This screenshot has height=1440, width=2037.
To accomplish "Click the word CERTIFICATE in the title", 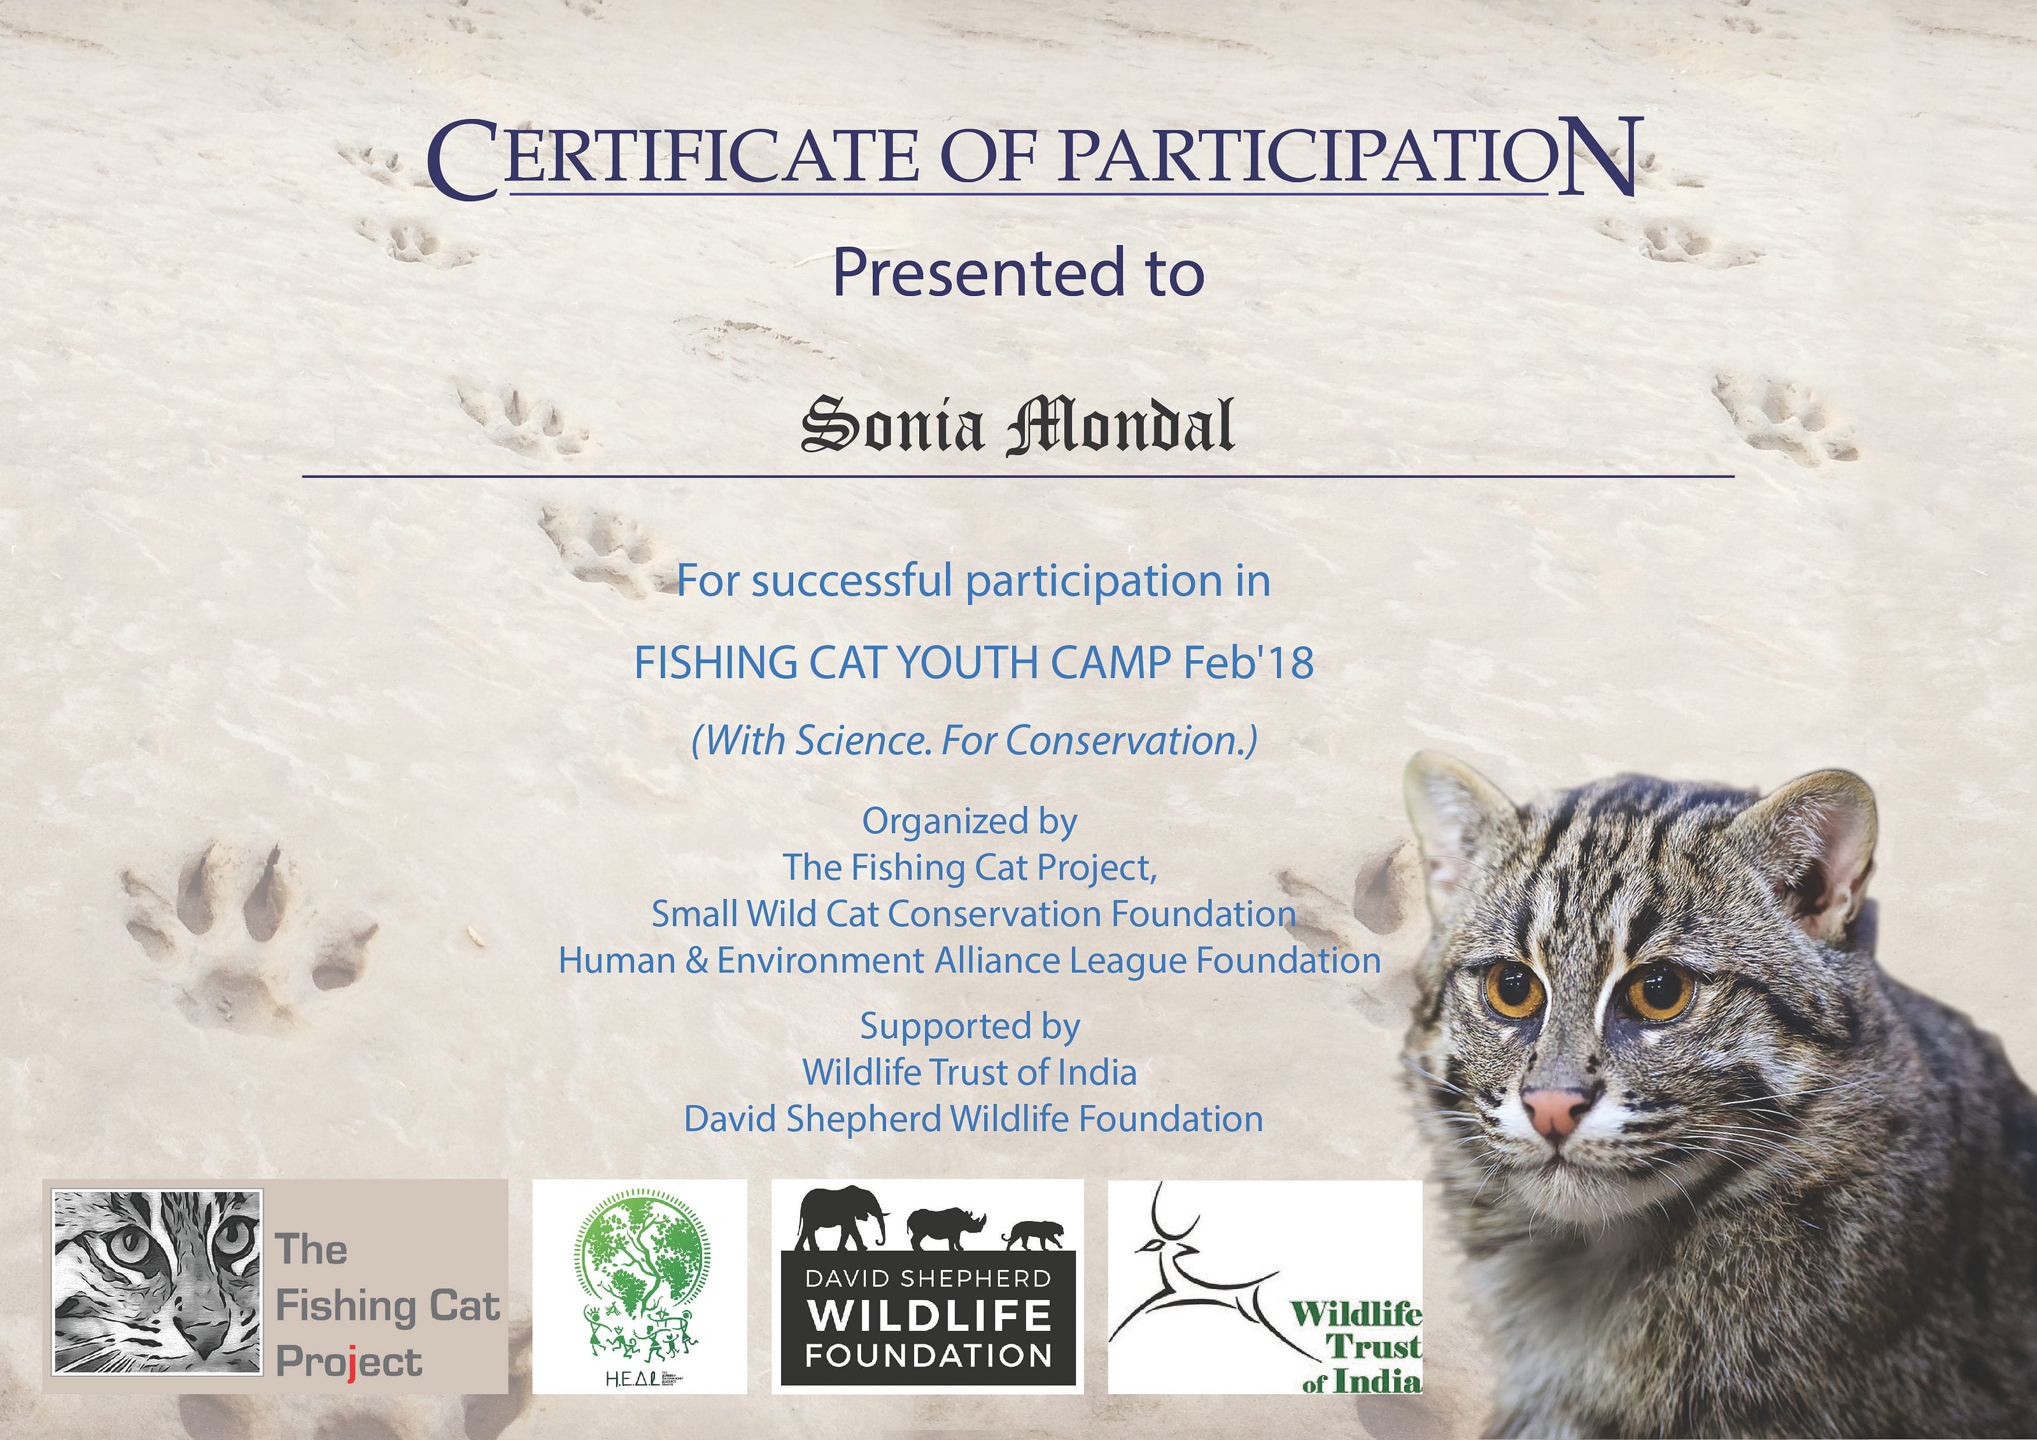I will pos(672,160).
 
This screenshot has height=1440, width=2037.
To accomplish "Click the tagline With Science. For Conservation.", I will pos(973,740).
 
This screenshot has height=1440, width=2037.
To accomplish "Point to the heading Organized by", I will pos(969,822).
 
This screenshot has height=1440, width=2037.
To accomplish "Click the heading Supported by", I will pos(969,1027).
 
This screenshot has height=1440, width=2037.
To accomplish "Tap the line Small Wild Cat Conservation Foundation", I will pos(973,914).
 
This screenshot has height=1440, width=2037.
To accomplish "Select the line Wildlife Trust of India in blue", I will pos(969,1073).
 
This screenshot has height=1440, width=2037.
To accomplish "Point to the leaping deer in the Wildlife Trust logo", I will pos(1189,1278).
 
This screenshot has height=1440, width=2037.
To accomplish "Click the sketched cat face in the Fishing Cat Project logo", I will pos(158,1281).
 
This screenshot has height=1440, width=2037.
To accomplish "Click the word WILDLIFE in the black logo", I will pos(929,1316).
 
